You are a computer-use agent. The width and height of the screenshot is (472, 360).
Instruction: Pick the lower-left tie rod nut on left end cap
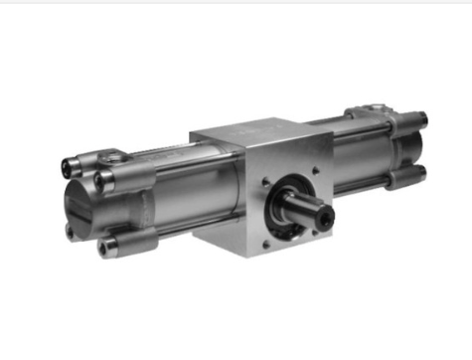pos(72,230)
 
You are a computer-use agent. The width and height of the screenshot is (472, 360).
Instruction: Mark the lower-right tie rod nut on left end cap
pos(109,243)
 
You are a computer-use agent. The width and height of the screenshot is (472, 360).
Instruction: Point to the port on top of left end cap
pos(116,154)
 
